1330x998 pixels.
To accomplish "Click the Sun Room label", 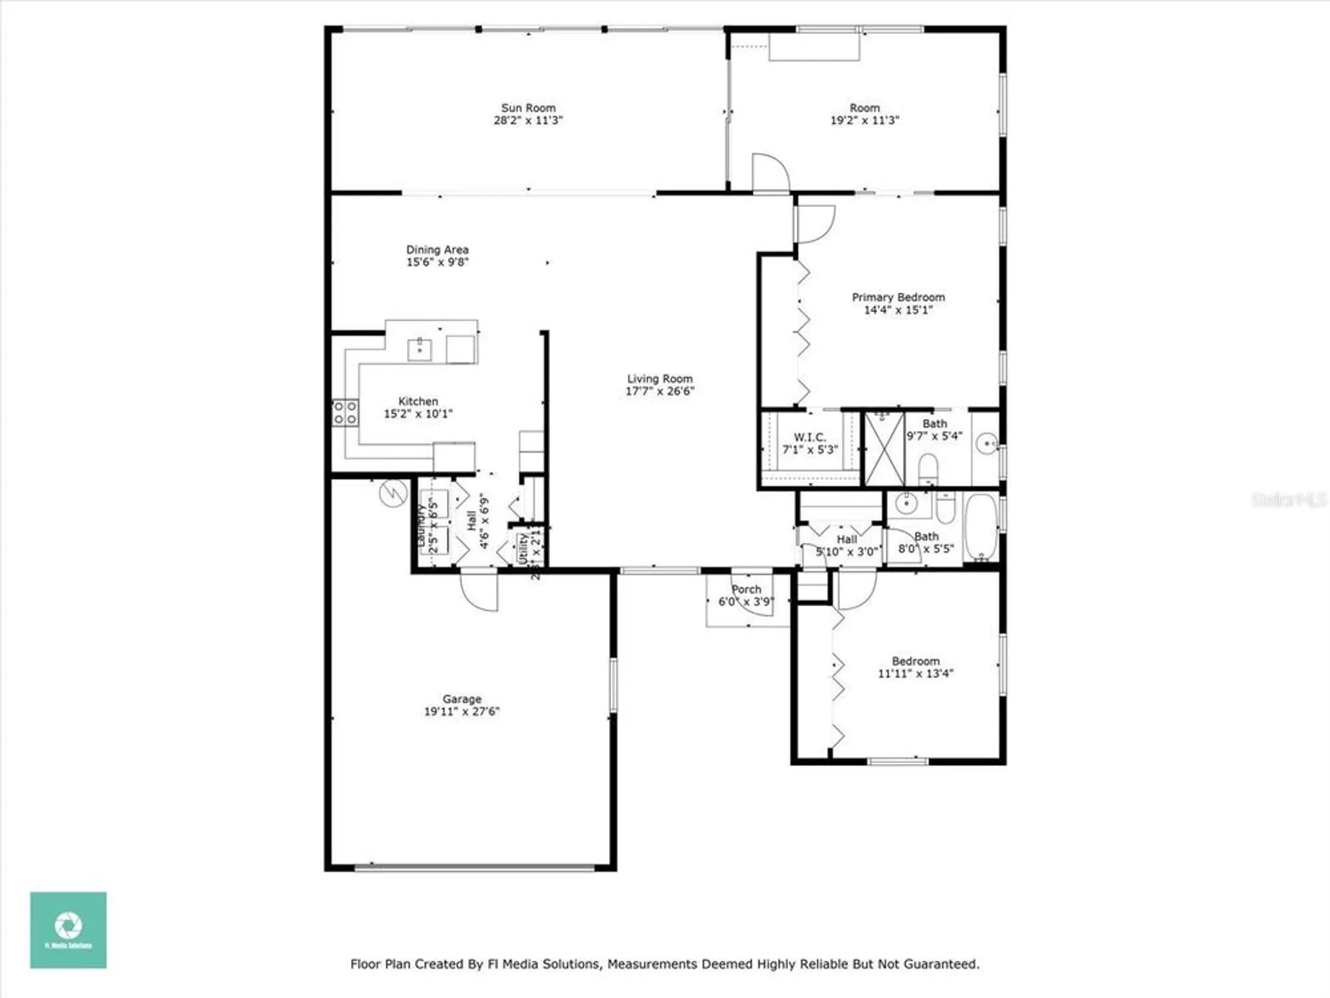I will (528, 108).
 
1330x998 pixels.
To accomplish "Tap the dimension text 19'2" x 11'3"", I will (864, 120).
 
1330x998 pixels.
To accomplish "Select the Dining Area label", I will (437, 249).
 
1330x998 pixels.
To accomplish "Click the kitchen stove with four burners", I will (345, 413).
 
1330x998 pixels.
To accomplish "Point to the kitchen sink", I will (420, 349).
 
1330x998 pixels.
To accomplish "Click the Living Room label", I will (660, 379).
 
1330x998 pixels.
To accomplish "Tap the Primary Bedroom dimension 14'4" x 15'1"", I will (898, 310).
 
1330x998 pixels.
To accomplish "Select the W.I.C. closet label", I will (809, 437).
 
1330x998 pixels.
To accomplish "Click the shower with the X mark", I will (884, 449).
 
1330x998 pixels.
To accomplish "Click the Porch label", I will (746, 589).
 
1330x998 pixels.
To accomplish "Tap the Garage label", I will (462, 699).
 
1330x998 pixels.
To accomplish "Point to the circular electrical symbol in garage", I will (393, 493).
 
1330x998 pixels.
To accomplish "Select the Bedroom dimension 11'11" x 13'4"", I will (915, 674).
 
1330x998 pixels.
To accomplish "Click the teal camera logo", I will (68, 929).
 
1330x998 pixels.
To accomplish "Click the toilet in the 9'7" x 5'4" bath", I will (928, 469).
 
